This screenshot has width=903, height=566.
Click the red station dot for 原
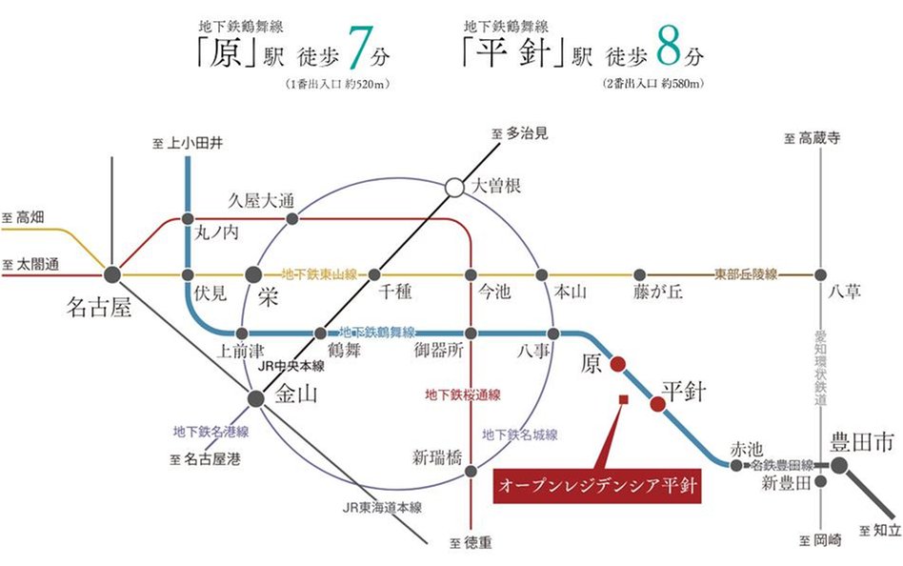click(x=616, y=363)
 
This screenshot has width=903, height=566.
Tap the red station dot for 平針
click(x=657, y=404)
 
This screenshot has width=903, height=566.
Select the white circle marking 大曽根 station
click(x=454, y=188)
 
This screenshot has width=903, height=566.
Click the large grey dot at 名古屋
click(x=112, y=274)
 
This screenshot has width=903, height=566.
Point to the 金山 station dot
click(x=255, y=398)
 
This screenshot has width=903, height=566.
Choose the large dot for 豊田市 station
click(x=839, y=465)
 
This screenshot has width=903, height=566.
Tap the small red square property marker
click(x=622, y=398)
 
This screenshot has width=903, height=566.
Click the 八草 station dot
click(x=819, y=274)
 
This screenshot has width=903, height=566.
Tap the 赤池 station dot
click(x=735, y=465)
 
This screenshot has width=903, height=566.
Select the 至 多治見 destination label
click(x=520, y=134)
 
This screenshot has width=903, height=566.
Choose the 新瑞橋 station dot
click(x=470, y=471)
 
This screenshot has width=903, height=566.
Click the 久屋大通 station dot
click(x=292, y=218)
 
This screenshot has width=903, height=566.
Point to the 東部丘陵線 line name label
click(x=746, y=274)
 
